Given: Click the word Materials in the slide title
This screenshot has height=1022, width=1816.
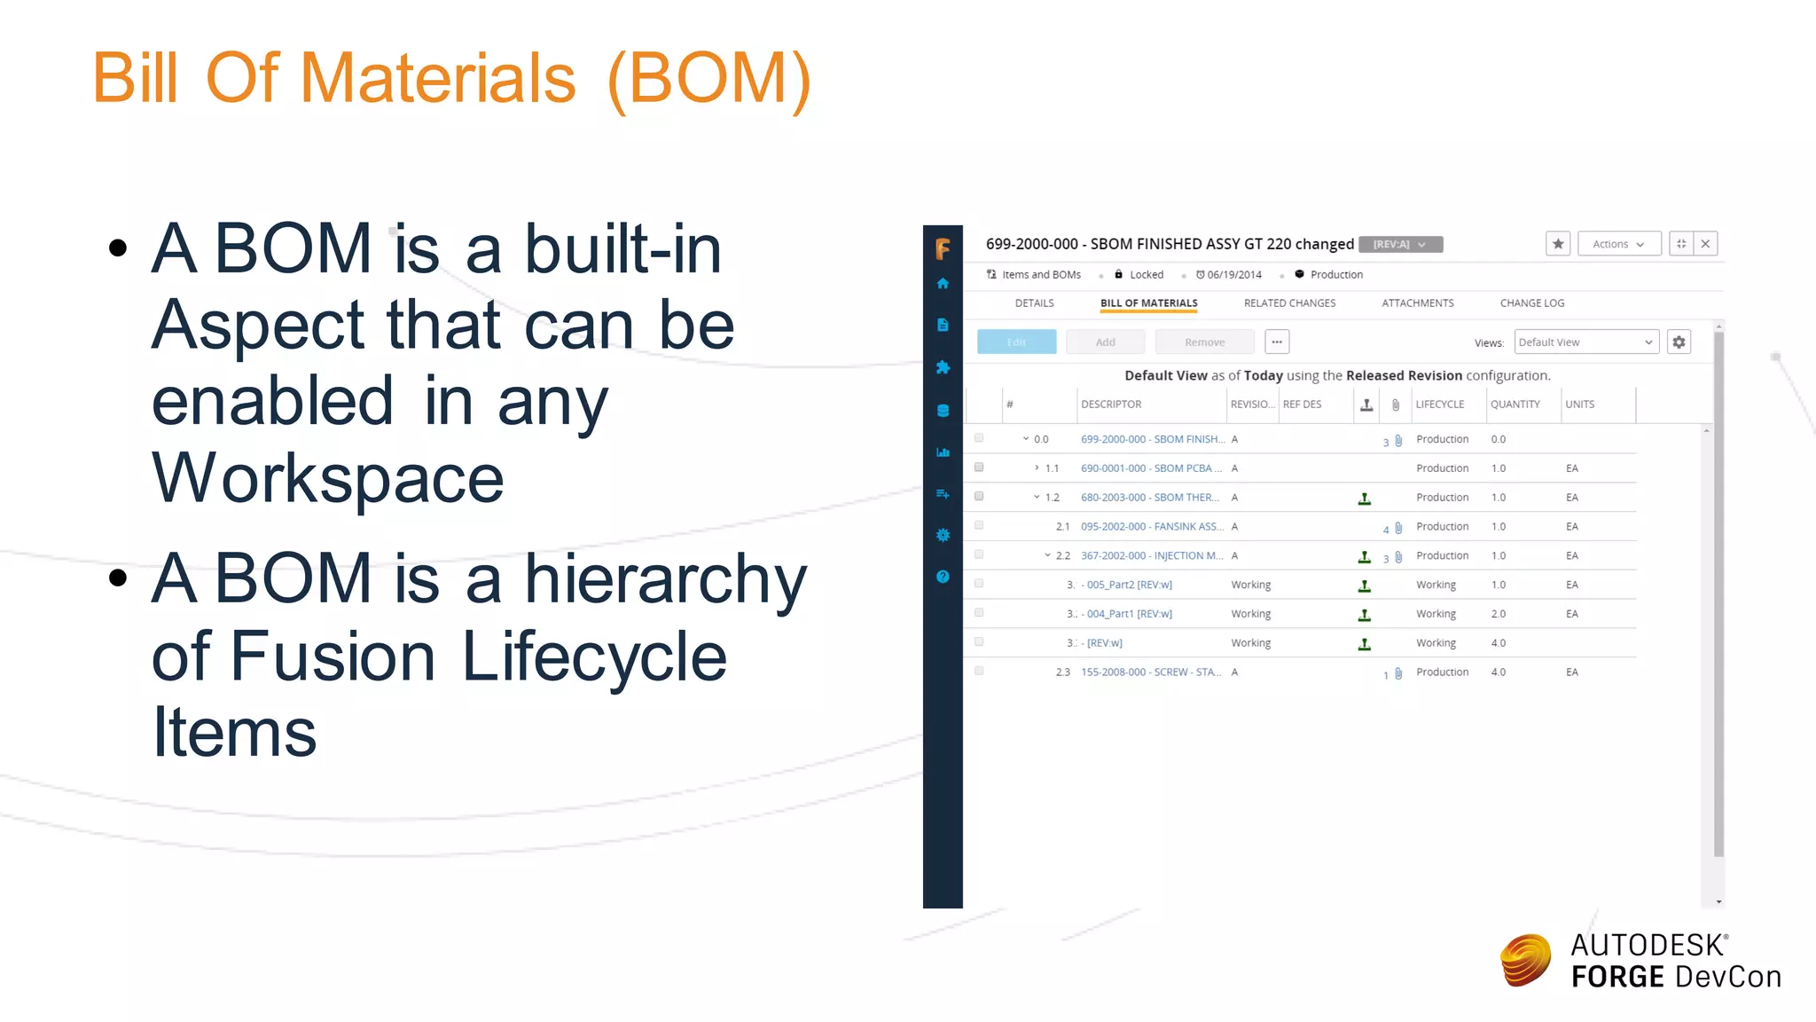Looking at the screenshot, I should pyautogui.click(x=438, y=78).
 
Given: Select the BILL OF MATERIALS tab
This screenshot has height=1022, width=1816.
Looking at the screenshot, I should pyautogui.click(x=1148, y=303).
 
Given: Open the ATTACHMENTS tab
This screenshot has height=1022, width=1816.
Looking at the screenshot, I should pyautogui.click(x=1417, y=303).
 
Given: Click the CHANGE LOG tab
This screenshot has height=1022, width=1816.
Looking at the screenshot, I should pyautogui.click(x=1531, y=303).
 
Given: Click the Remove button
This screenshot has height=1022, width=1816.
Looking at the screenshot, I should pyautogui.click(x=1204, y=342).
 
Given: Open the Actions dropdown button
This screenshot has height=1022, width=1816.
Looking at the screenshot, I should pyautogui.click(x=1618, y=244).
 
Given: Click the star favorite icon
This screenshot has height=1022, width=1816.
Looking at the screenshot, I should pyautogui.click(x=1558, y=244).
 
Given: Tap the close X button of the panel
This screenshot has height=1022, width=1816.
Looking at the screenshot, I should pyautogui.click(x=1705, y=244).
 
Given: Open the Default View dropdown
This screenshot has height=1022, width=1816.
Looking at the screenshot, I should pyautogui.click(x=1585, y=342).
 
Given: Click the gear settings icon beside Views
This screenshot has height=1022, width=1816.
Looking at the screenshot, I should pyautogui.click(x=1679, y=342).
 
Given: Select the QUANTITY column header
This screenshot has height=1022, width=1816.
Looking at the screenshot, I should pyautogui.click(x=1515, y=405).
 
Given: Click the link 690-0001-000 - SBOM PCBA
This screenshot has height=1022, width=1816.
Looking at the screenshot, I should pyautogui.click(x=1150, y=468).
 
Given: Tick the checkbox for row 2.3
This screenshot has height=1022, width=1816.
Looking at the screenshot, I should pyautogui.click(x=979, y=672).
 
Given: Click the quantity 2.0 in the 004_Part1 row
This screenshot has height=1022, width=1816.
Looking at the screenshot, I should pyautogui.click(x=1498, y=614).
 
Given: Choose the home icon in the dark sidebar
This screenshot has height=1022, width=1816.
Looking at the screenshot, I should pyautogui.click(x=943, y=284).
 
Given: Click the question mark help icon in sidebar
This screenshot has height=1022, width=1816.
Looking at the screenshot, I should pyautogui.click(x=943, y=577).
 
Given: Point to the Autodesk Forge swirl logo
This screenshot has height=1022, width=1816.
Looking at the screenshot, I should pyautogui.click(x=1525, y=961).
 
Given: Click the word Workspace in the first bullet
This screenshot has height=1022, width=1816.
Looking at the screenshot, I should pyautogui.click(x=327, y=479).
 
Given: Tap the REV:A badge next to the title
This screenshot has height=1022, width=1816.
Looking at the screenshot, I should pyautogui.click(x=1399, y=245).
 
